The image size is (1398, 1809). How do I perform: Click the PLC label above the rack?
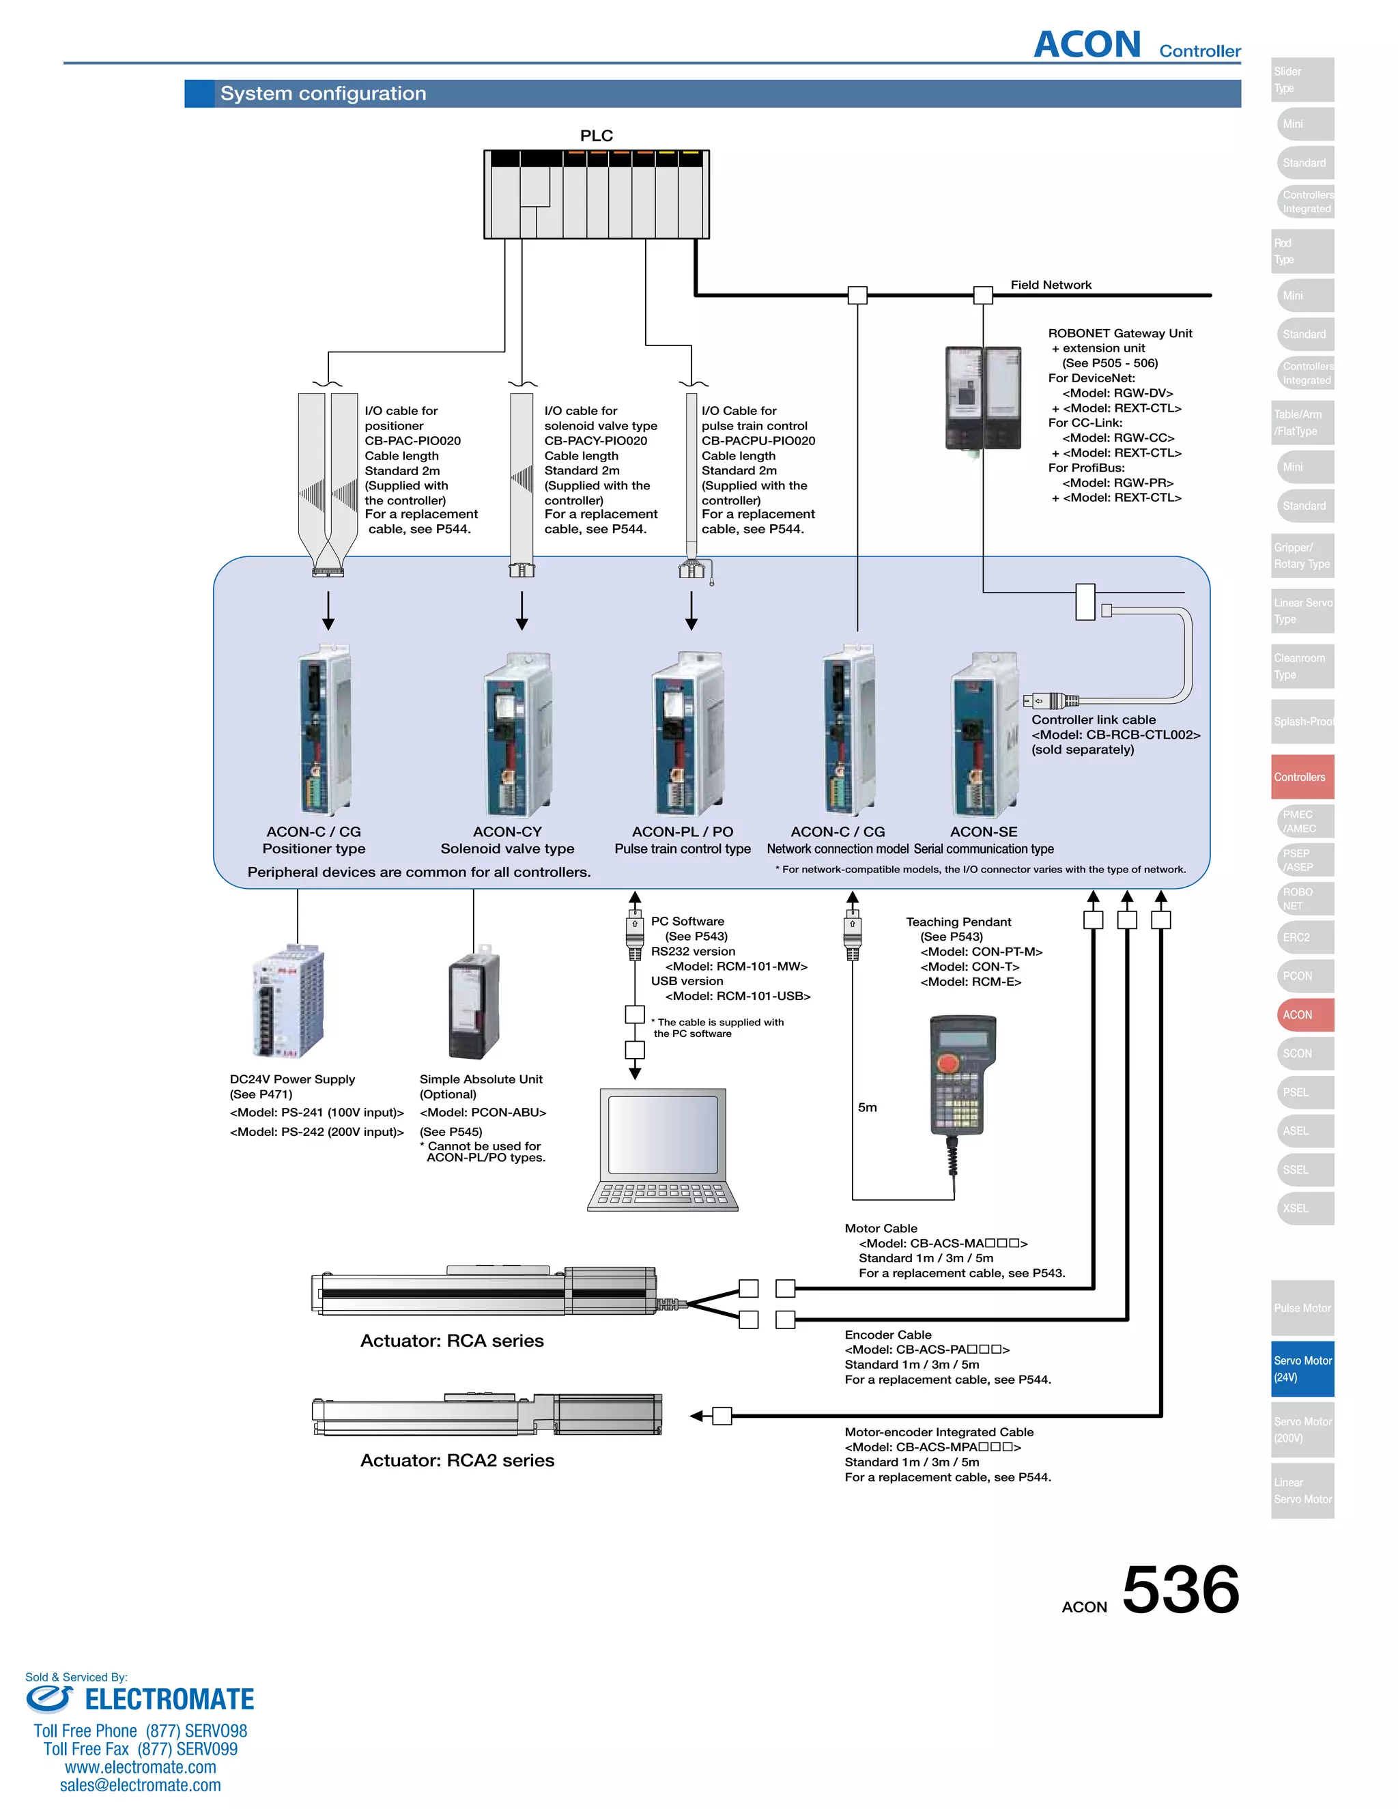click(597, 136)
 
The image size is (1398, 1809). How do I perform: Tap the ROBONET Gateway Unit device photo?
click(983, 397)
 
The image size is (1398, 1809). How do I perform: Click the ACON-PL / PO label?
click(682, 831)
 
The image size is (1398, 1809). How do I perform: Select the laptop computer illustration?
click(663, 1150)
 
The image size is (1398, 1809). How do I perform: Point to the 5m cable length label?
click(867, 1107)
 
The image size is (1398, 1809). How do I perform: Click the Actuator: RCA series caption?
click(451, 1341)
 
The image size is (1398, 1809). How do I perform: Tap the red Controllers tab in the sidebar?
click(1302, 777)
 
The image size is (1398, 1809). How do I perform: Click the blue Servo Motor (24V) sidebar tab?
click(1302, 1368)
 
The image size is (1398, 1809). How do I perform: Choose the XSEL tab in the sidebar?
click(1302, 1208)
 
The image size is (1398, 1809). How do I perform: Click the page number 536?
click(1180, 1591)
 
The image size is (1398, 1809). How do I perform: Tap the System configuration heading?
click(323, 94)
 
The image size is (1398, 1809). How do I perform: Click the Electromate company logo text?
click(169, 1700)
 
